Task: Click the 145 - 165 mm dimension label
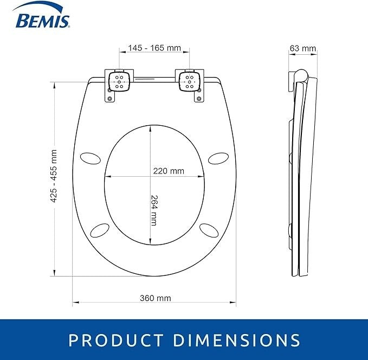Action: point(154,48)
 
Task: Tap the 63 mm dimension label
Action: point(303,48)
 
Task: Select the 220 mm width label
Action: point(169,171)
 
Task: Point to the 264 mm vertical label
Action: point(154,210)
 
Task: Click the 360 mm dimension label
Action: point(156,298)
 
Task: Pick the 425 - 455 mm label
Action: point(54,176)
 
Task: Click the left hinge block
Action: point(119,81)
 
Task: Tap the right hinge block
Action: point(190,81)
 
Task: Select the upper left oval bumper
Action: point(91,158)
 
